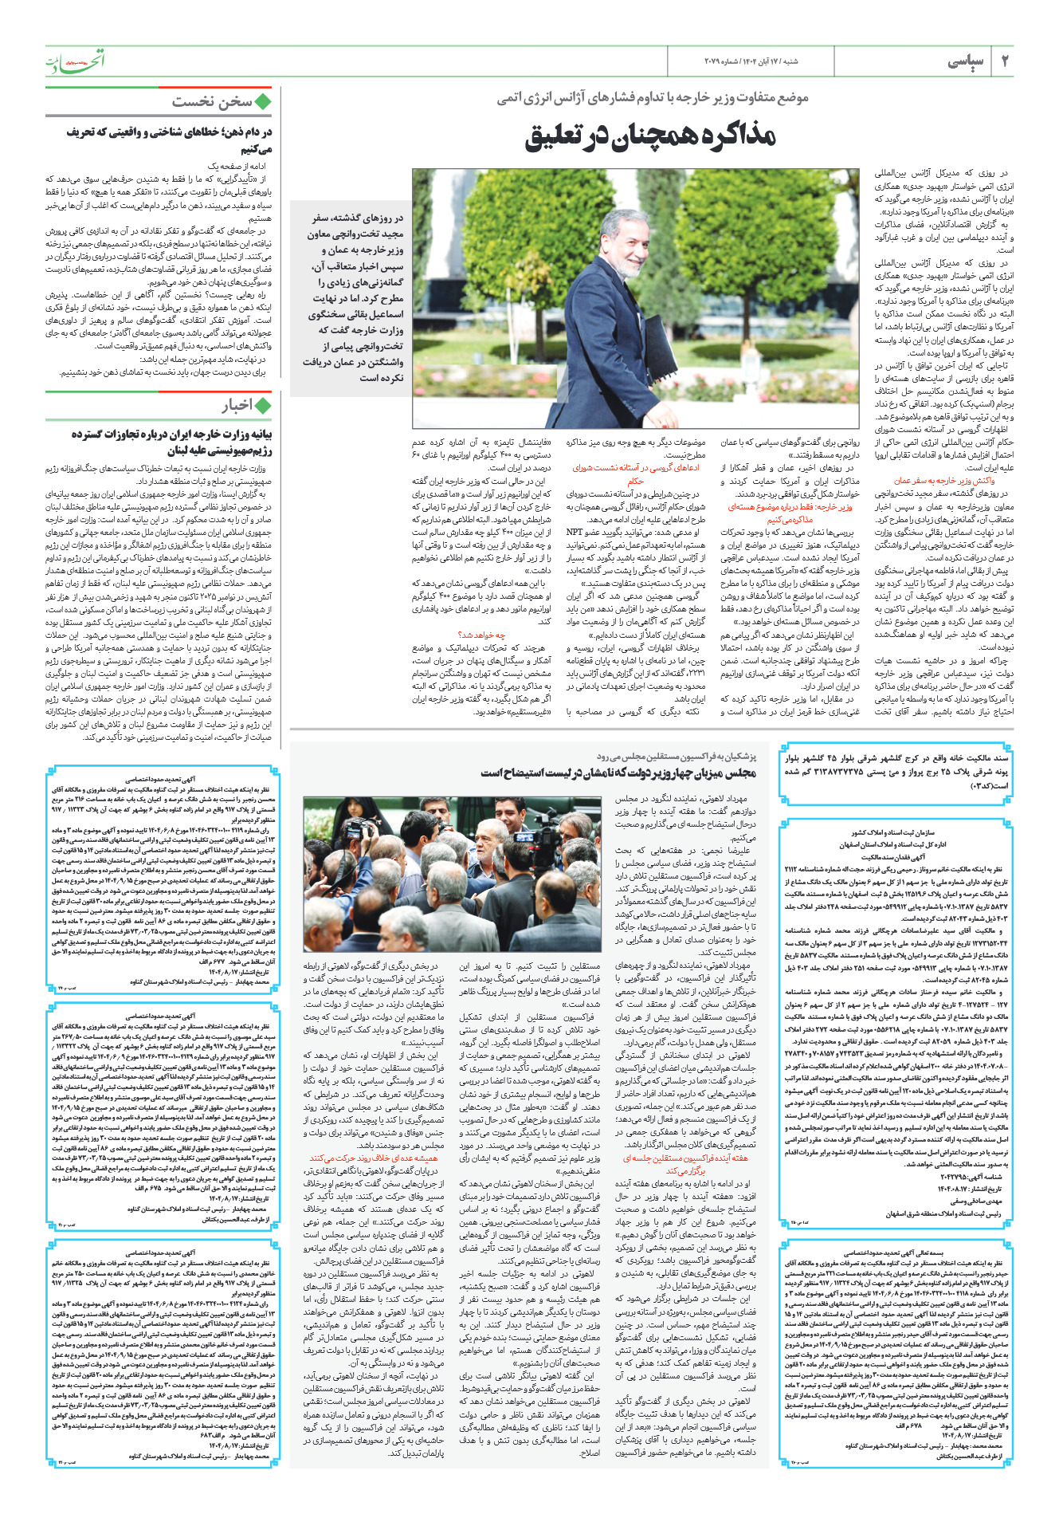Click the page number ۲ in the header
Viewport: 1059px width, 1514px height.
coord(1006,61)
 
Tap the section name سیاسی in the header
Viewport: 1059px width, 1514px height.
coord(966,61)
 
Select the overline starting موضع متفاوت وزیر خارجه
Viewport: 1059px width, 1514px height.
coord(652,97)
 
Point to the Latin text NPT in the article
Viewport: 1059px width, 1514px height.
coord(575,532)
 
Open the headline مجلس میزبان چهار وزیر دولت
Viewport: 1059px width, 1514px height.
coord(618,773)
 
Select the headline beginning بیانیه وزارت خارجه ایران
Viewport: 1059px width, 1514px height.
coord(171,442)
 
